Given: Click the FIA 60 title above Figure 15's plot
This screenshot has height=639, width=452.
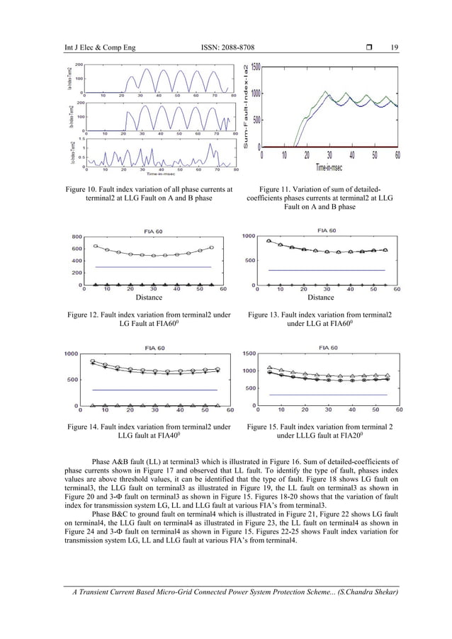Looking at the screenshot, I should click(324, 348).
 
